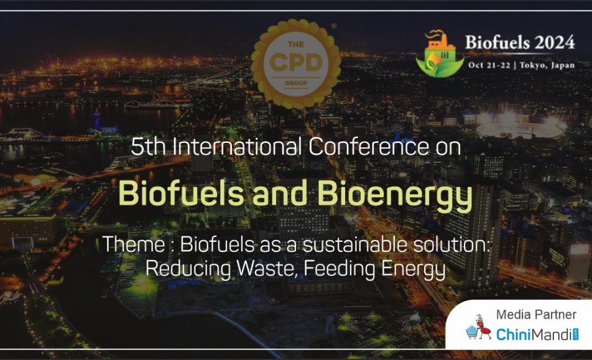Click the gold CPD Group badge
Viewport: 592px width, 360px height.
[295, 63]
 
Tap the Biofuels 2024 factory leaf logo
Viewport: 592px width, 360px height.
[440, 54]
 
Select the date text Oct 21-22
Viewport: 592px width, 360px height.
[489, 65]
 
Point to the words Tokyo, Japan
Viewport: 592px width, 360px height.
[547, 65]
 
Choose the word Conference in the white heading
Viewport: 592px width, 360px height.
[369, 146]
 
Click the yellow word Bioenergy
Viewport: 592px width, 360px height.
[394, 195]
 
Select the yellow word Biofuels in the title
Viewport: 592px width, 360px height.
[181, 193]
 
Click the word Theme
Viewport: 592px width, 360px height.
[134, 244]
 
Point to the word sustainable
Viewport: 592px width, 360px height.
[355, 244]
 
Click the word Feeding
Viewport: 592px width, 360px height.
[340, 269]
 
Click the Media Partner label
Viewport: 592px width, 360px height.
[536, 315]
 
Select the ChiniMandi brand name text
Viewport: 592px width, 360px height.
[534, 335]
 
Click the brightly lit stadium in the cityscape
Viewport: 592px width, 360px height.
[521, 127]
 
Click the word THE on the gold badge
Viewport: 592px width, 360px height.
[296, 45]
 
